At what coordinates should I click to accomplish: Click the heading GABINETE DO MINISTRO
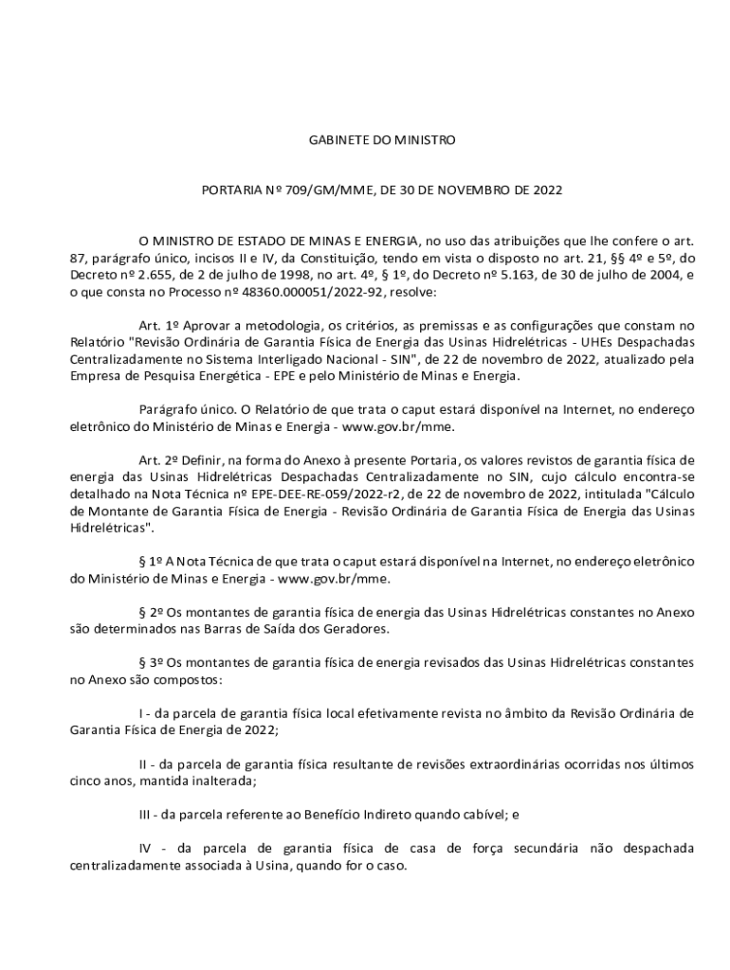[382, 140]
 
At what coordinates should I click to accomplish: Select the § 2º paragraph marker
[152, 613]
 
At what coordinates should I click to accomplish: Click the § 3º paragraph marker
[152, 664]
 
